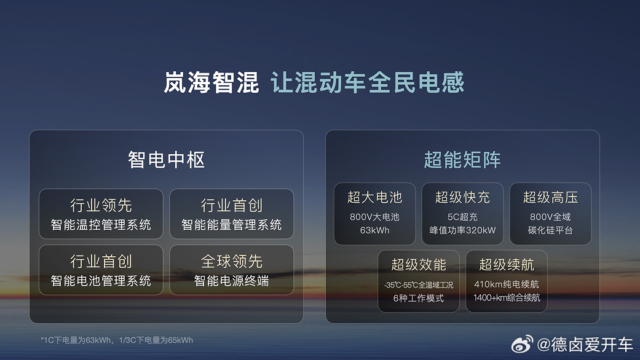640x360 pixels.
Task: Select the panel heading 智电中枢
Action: point(166,160)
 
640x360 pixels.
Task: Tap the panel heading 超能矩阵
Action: point(462,160)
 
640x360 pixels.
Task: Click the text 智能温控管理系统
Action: point(101,225)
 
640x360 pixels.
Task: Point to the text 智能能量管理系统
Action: point(232,225)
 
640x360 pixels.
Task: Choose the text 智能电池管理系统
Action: point(101,281)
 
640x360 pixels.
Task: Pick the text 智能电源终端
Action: point(232,281)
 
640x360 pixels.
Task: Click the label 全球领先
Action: point(232,262)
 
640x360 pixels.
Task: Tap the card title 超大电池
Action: point(374,197)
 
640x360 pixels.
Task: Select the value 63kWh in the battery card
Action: point(374,231)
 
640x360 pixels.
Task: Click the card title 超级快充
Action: point(462,197)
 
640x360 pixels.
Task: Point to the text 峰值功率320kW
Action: point(462,231)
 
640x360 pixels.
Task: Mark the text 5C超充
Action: point(462,217)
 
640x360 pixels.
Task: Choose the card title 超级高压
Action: point(550,197)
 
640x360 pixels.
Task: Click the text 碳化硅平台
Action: point(550,231)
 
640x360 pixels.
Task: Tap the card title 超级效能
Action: point(419,265)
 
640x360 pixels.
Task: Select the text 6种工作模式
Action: point(419,299)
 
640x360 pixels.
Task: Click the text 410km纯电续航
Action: point(507,284)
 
